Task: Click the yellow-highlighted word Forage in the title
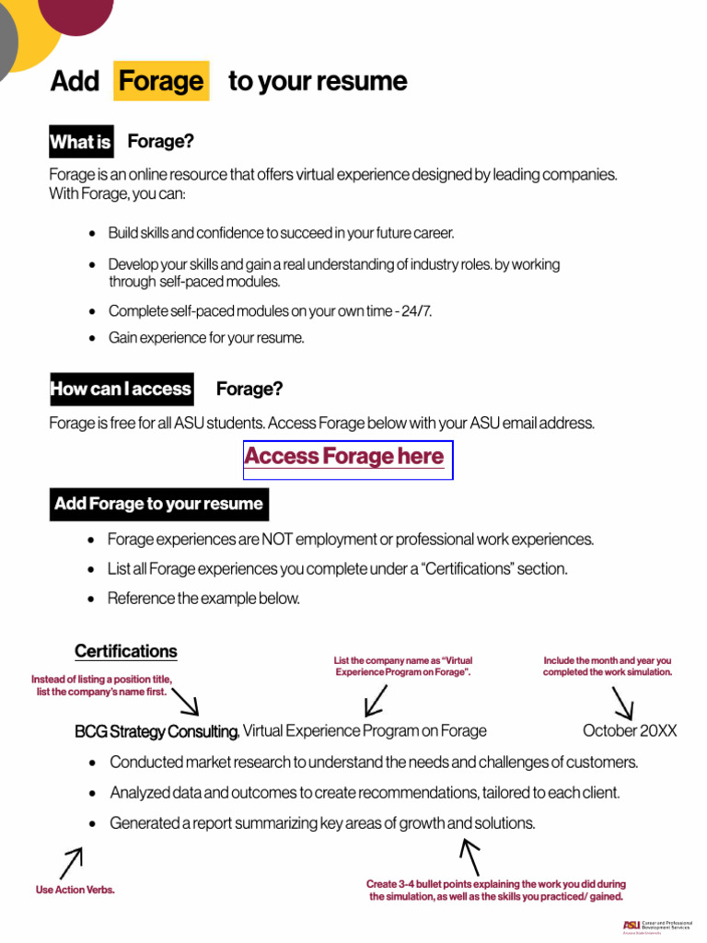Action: (x=161, y=81)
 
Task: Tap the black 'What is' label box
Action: (x=81, y=142)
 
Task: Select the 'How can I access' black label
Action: (x=121, y=389)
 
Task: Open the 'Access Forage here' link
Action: (x=344, y=457)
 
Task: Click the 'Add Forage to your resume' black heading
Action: (x=158, y=504)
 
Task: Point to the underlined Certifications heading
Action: (x=126, y=651)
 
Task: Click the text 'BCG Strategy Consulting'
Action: (x=156, y=731)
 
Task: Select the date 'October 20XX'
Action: (x=630, y=730)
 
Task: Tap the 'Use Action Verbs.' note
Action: (x=75, y=890)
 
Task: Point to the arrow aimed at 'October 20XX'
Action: (x=622, y=704)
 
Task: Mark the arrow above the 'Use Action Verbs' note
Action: (x=71, y=863)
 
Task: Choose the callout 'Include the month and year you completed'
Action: (x=607, y=666)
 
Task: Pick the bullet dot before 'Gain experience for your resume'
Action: (x=92, y=338)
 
